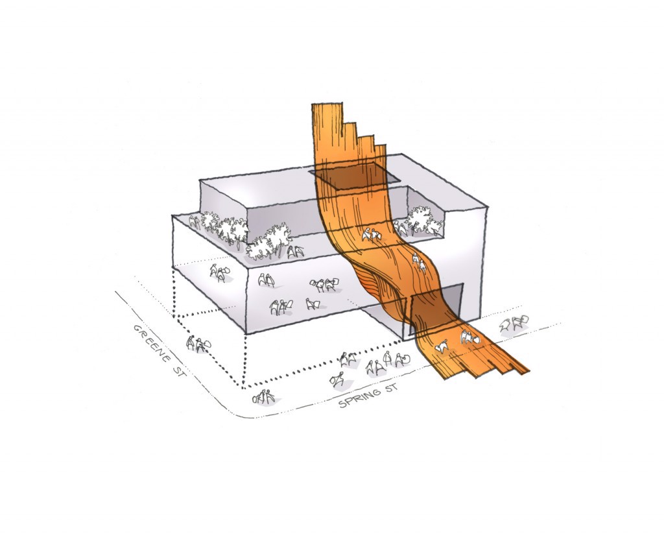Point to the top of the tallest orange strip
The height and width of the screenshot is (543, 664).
327,103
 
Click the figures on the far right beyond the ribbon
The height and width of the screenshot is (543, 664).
514,323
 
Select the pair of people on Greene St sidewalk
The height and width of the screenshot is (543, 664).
198,344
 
